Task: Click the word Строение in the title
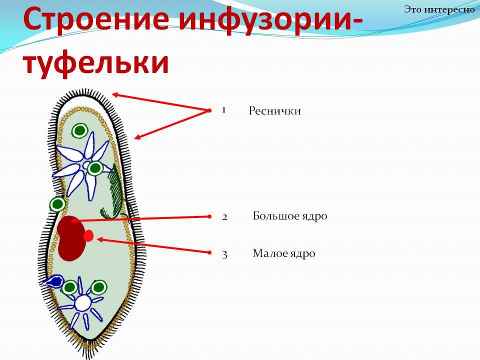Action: (x=96, y=19)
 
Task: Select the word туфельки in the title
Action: (x=96, y=63)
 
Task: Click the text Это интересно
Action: (x=439, y=9)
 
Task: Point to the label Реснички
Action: (x=274, y=111)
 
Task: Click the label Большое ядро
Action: (x=290, y=216)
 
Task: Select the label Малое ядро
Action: (x=284, y=254)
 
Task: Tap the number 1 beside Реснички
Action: (x=224, y=109)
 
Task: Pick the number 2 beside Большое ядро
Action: (x=225, y=217)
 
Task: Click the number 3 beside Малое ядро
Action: (x=225, y=254)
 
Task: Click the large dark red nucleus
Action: (x=71, y=238)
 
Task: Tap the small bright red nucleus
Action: (x=89, y=235)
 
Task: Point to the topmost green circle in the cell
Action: (x=80, y=130)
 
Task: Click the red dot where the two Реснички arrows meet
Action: (x=209, y=110)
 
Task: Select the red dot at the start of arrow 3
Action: (x=209, y=252)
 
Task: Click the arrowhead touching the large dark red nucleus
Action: (x=73, y=220)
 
